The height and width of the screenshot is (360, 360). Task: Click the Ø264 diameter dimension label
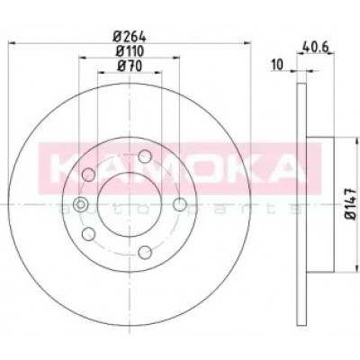(130, 37)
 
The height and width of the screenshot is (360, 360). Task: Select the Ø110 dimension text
(130, 51)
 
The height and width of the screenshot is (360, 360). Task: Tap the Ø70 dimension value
(130, 66)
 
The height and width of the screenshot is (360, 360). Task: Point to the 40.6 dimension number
(316, 47)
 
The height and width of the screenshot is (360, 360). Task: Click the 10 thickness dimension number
(277, 65)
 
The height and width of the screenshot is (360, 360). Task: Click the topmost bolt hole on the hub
(145, 156)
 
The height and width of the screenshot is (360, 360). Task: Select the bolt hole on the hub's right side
(180, 204)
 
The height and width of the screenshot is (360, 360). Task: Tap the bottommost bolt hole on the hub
(145, 252)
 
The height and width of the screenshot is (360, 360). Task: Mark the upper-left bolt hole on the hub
(88, 175)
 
